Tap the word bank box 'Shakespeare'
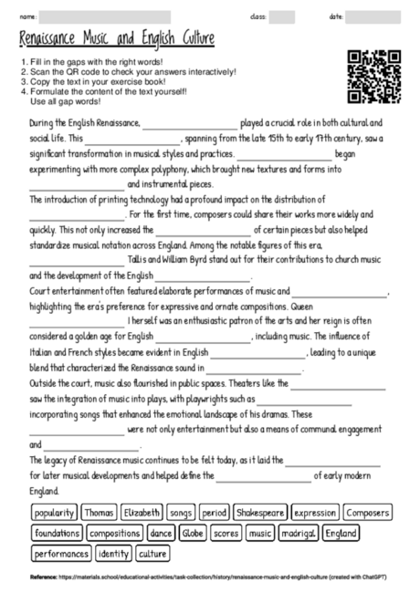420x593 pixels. point(262,513)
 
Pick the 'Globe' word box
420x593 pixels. point(193,533)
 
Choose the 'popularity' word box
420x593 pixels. point(54,513)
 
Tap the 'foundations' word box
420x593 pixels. point(57,533)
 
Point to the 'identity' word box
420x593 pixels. point(113,553)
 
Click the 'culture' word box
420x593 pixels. point(153,553)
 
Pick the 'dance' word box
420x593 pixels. point(161,533)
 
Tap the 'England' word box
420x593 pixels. point(341,533)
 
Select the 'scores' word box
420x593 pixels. point(226,533)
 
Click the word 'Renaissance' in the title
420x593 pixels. point(53,39)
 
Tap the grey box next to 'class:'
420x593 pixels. point(281,16)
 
